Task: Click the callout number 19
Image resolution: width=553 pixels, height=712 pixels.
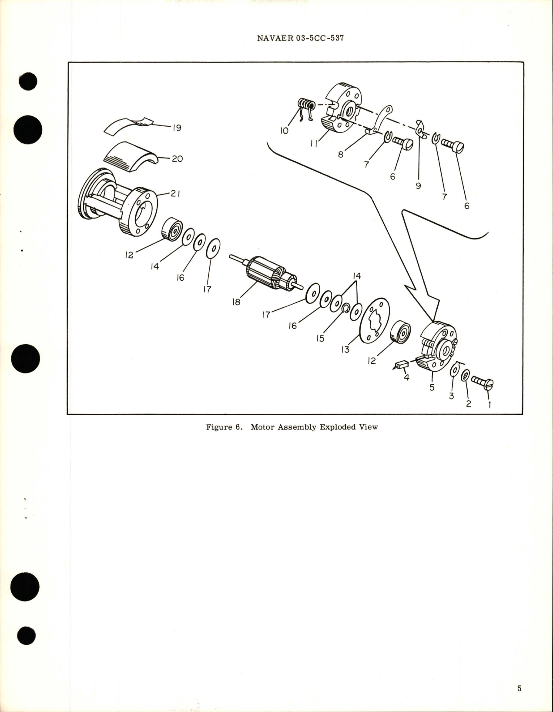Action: coord(176,128)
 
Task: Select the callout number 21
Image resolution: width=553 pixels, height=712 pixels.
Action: coord(175,194)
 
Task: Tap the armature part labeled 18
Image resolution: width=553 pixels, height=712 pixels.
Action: coord(263,274)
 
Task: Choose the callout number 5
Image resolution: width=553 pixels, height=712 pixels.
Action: coord(432,387)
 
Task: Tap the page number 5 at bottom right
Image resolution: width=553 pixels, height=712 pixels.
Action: coord(519,688)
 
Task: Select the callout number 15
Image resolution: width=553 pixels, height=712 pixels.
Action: coord(320,338)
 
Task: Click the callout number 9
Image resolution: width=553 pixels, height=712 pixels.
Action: coord(418,185)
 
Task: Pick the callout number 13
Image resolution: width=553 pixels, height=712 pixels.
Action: coord(345,349)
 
